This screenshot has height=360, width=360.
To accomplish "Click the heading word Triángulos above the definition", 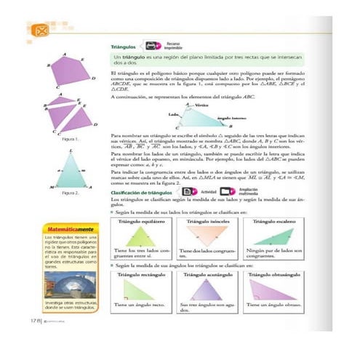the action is pos(121,46).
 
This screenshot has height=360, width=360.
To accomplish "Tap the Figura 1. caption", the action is pos(70,138).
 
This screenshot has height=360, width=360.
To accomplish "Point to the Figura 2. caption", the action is pos(70,193).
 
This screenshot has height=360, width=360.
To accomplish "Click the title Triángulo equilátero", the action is pos(139,218).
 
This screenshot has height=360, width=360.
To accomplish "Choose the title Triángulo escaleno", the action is pos(276,218).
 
